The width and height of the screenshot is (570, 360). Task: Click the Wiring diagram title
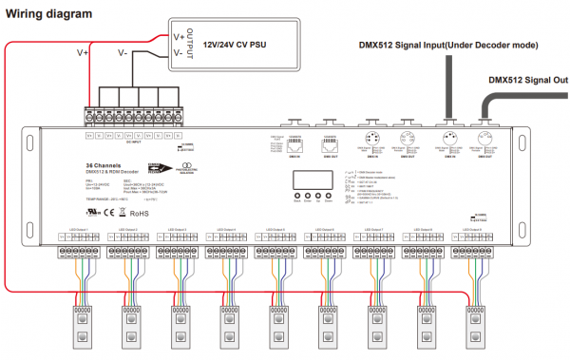(47, 13)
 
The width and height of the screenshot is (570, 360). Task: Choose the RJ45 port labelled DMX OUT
(331, 127)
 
